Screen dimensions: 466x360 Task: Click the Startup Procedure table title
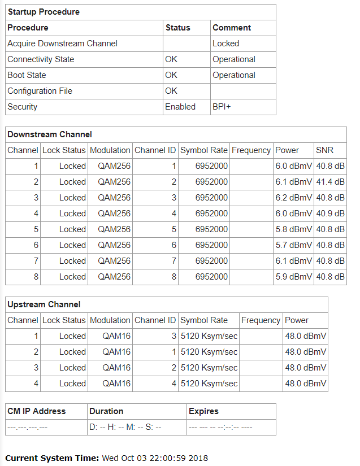(x=44, y=12)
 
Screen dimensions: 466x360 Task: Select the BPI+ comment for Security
(x=222, y=107)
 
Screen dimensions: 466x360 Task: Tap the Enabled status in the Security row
(x=180, y=107)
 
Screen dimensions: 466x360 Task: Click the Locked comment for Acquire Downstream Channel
(x=225, y=43)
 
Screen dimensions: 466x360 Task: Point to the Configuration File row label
(x=40, y=91)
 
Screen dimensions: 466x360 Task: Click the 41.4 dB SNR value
(x=330, y=182)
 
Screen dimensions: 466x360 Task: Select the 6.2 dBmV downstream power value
(x=293, y=198)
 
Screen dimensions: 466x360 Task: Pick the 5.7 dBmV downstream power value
(x=293, y=245)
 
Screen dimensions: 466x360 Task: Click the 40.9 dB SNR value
(x=330, y=214)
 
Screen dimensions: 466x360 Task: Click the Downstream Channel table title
(x=50, y=134)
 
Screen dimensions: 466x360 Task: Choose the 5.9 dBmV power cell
(x=293, y=277)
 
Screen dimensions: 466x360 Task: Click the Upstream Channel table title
(x=44, y=304)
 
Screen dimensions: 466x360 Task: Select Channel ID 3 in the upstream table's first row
(x=174, y=336)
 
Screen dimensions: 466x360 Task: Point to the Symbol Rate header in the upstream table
(x=204, y=320)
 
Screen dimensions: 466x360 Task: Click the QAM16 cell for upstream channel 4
(x=116, y=384)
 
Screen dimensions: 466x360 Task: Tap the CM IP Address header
(x=37, y=411)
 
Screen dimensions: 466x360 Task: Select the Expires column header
(x=203, y=411)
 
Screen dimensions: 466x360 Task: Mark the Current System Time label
(x=53, y=458)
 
